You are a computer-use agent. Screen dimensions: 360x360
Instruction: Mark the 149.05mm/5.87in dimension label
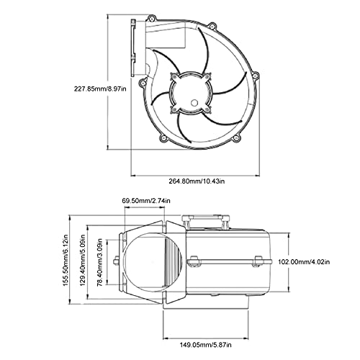click(x=212, y=344)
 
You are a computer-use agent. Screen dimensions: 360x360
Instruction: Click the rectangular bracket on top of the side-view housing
click(x=205, y=217)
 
